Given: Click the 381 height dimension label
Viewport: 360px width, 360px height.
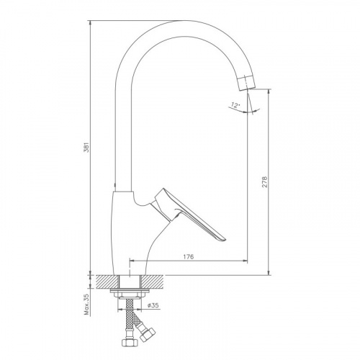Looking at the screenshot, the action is [87, 148].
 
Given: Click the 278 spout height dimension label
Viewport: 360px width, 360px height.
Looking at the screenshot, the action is [264, 182].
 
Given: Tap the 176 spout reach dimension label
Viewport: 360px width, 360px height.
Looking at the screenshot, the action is [189, 256].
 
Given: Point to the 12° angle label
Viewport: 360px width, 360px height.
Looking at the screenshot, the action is [235, 105].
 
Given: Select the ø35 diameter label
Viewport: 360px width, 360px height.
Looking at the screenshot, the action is [153, 305].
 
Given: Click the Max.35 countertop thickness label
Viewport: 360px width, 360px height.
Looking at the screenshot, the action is [86, 305].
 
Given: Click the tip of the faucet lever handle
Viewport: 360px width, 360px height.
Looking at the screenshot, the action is [225, 239].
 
